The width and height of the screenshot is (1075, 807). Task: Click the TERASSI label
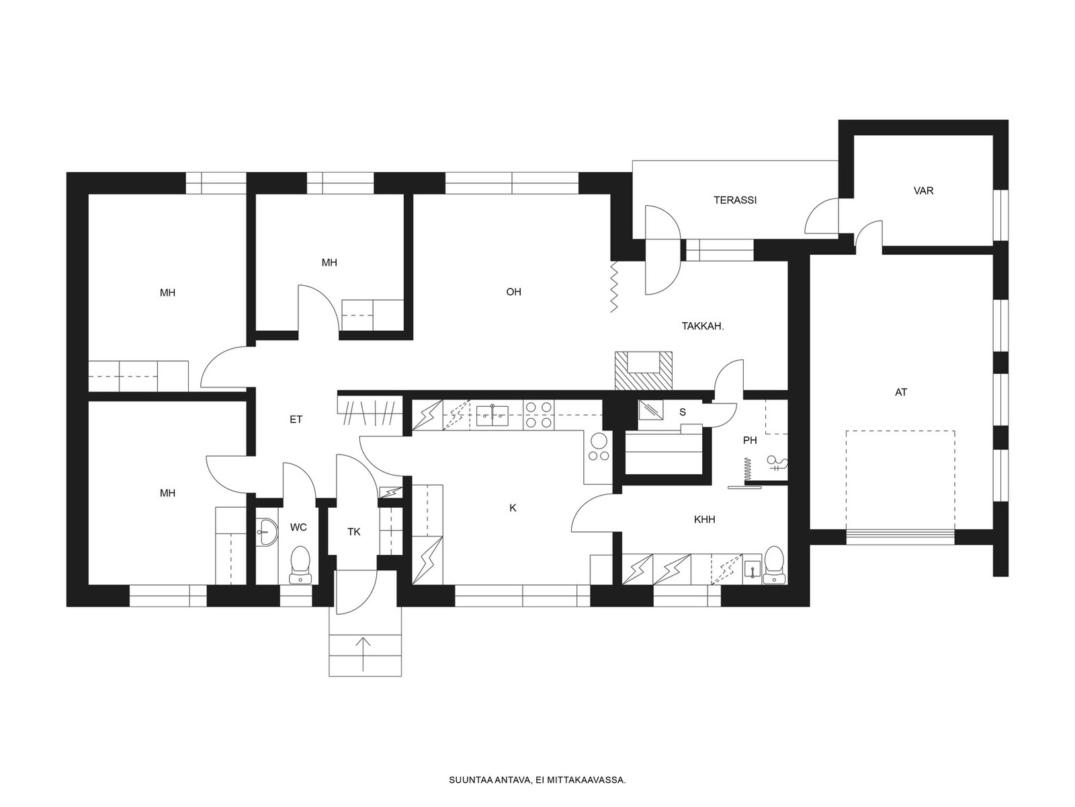(734, 200)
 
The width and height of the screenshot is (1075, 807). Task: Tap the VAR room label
(923, 190)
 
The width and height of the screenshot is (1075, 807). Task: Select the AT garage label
(901, 392)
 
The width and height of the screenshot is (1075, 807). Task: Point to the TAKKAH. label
(702, 326)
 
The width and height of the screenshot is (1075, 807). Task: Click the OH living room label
(513, 292)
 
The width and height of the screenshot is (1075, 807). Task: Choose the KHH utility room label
(704, 519)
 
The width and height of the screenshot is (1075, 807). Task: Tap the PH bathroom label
(750, 440)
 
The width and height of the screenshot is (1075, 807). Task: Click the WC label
(298, 527)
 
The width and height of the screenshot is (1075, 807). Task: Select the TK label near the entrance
(353, 532)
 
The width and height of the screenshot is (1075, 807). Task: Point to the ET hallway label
(296, 420)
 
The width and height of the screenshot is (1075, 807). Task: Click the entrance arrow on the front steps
(363, 654)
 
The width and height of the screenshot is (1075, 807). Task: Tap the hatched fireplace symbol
(644, 371)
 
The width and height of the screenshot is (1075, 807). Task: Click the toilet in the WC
(300, 565)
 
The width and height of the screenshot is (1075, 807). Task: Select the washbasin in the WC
(267, 532)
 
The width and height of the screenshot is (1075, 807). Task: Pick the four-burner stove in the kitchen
(538, 414)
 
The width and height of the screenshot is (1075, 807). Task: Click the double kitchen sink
(492, 416)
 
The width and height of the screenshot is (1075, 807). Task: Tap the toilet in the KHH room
(774, 565)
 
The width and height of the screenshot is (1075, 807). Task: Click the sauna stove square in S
(651, 410)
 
